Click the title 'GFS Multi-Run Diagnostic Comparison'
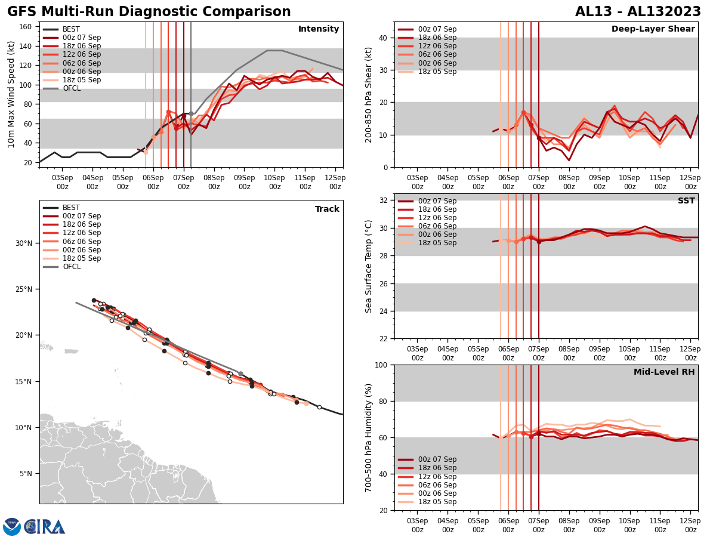pos(149,12)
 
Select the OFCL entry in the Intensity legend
pos(71,88)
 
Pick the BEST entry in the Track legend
pos(71,208)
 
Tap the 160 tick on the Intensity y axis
pos(27,27)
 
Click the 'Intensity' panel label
pos(319,29)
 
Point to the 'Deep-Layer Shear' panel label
pos(653,29)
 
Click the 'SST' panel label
pos(686,201)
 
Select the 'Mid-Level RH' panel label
pos(664,372)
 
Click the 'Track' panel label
pos(327,209)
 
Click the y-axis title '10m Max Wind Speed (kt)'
pos(11,94)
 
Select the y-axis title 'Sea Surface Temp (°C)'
pos(369,266)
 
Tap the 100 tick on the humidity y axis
pos(379,365)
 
